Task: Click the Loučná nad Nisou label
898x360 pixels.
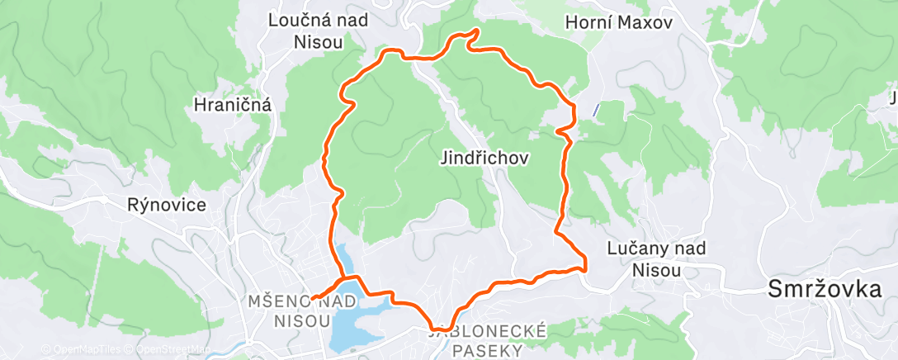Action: click(318, 30)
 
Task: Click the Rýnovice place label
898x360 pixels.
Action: click(166, 205)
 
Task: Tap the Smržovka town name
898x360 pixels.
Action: click(831, 289)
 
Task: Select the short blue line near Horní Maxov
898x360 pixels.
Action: click(595, 109)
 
